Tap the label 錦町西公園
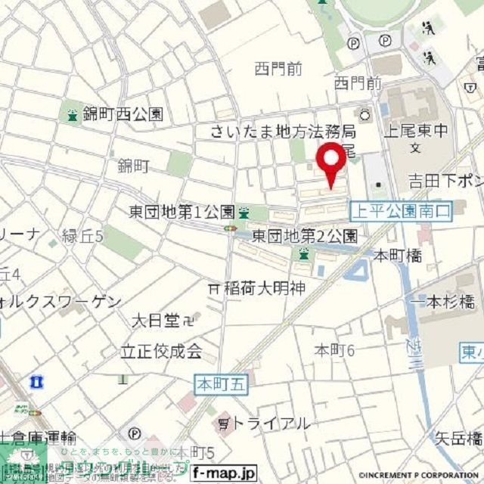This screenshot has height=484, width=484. point(123,116)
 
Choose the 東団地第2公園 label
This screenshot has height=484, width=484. point(305,235)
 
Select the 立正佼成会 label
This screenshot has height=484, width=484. point(162,352)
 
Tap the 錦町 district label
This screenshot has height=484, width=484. point(133,167)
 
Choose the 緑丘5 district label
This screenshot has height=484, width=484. point(82,235)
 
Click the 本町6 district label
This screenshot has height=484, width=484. point(334,349)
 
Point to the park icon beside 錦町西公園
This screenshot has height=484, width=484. point(73,116)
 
